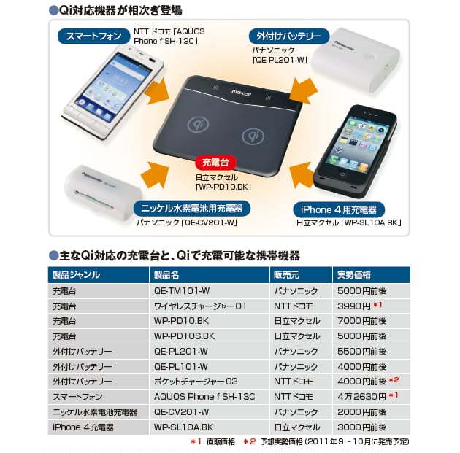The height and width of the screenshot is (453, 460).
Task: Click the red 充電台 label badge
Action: [215, 163]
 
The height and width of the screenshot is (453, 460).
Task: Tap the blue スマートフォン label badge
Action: [94, 36]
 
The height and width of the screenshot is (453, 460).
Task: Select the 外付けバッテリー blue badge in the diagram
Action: [289, 36]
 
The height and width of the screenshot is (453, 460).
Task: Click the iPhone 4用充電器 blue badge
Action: [339, 209]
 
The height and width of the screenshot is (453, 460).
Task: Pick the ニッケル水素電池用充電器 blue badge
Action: [192, 209]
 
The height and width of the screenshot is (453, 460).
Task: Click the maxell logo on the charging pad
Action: [242, 93]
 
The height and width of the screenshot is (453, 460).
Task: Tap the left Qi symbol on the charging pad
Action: [199, 124]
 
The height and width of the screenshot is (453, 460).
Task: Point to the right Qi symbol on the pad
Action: [253, 136]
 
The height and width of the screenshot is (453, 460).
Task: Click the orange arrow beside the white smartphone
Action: [157, 90]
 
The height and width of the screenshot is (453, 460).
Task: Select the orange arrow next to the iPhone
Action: [302, 175]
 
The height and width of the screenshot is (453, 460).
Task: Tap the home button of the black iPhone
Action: [342, 174]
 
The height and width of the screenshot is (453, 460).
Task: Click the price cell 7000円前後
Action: [361, 321]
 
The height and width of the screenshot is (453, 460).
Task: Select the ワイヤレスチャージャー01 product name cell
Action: [200, 306]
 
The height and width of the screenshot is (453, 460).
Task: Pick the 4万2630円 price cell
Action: [361, 396]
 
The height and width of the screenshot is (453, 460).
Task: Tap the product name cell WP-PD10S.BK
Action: [185, 336]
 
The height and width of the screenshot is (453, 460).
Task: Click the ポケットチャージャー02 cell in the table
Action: [196, 382]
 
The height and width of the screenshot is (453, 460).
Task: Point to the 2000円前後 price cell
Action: [361, 411]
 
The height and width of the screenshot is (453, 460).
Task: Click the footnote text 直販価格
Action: [221, 441]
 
